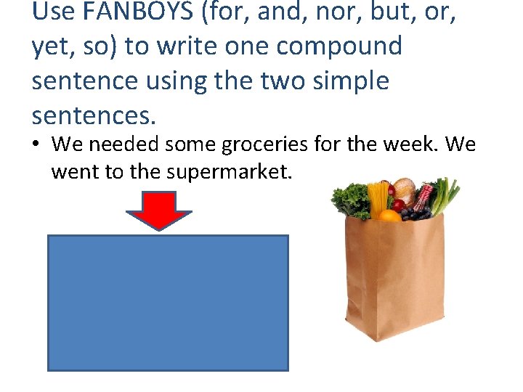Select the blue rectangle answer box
coord(168,302)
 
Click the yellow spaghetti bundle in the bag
coord(378,197)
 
